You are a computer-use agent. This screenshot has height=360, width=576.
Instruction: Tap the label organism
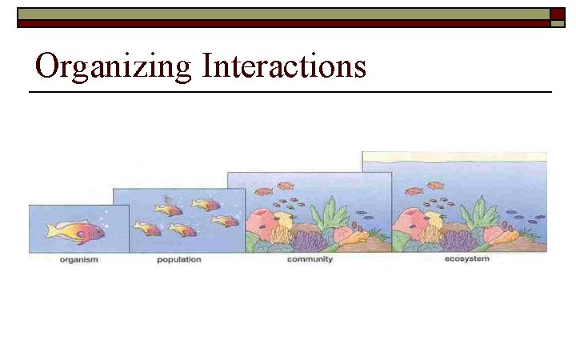click(x=78, y=261)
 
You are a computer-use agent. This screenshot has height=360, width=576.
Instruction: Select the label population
click(x=179, y=261)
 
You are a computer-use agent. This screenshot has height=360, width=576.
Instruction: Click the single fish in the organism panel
click(x=76, y=231)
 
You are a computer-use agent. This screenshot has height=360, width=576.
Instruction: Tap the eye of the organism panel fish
click(x=98, y=230)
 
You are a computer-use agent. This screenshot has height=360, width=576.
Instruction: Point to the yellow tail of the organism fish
click(x=53, y=231)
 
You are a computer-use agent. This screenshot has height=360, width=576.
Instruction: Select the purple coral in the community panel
click(x=308, y=239)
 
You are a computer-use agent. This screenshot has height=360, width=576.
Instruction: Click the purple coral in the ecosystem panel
click(x=458, y=239)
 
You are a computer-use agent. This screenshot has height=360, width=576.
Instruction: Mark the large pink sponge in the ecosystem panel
click(x=410, y=221)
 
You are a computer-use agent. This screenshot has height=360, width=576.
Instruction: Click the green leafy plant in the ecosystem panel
click(x=479, y=214)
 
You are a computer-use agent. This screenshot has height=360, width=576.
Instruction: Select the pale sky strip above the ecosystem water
click(x=454, y=158)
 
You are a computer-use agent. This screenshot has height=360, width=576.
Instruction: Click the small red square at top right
click(x=557, y=14)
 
